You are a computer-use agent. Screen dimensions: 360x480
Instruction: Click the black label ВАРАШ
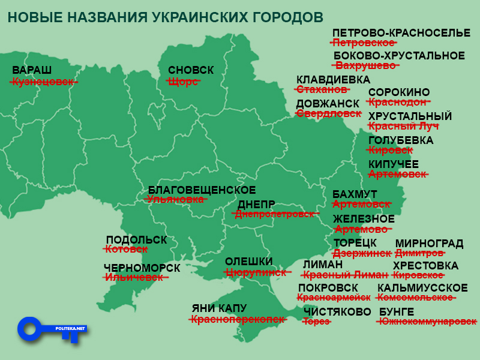point(32,70)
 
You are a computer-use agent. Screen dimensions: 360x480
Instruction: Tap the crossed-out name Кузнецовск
point(44,82)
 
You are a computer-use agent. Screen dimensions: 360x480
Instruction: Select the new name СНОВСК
point(191,70)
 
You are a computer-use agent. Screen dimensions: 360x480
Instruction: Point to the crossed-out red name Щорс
point(183,82)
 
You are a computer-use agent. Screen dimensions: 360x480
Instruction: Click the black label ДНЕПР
point(256,204)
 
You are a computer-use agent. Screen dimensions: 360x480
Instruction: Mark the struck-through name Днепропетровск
point(274,214)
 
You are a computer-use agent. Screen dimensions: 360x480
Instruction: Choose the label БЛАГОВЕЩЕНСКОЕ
point(202,190)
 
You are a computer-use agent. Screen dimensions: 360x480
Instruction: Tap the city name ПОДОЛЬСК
point(136,240)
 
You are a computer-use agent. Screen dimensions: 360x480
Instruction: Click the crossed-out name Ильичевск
point(134,277)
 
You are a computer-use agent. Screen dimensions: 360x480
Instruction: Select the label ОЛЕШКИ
point(248,262)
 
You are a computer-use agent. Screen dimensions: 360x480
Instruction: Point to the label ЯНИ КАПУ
point(219,308)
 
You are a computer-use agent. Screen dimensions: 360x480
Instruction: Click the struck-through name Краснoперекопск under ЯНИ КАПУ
point(237,320)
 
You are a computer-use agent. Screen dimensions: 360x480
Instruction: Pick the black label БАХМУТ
point(355,194)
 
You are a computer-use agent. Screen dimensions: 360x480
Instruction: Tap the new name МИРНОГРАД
point(429,244)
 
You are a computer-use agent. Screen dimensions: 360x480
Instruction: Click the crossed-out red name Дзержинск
point(362,254)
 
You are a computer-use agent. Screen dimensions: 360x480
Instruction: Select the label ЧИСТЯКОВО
point(337,311)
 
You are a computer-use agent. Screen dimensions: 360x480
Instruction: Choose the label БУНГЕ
point(397,311)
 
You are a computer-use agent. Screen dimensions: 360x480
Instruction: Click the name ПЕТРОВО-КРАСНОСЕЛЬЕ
point(401,32)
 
